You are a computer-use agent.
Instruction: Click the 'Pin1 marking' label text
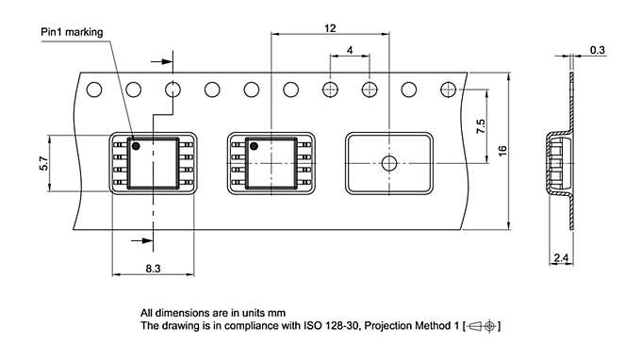coord(77,31)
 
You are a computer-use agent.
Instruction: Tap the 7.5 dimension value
coord(481,126)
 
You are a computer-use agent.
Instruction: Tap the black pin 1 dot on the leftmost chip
coord(136,146)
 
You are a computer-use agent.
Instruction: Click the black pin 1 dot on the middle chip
coord(253,146)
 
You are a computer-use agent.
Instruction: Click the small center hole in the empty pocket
coord(388,163)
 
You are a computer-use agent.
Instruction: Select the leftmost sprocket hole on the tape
coord(94,90)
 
